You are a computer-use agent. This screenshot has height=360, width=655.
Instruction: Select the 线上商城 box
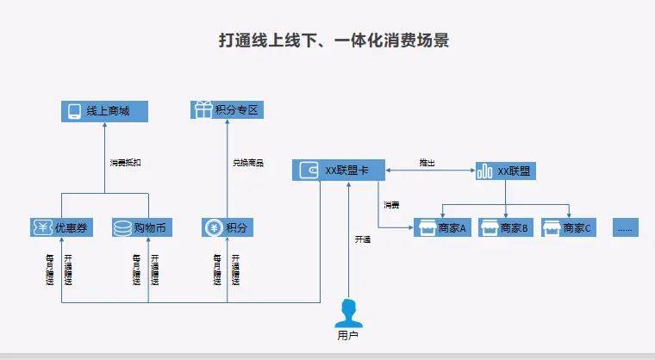(104, 111)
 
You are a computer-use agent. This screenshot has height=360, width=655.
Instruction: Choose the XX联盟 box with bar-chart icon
(506, 171)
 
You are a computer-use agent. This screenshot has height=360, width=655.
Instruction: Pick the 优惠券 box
(61, 228)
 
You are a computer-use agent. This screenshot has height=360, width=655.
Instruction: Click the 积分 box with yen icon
(228, 228)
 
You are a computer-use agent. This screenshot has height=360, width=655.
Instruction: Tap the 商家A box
(441, 228)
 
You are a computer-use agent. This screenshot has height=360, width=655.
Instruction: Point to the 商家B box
(505, 228)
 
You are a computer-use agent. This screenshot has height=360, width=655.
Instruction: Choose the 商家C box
(568, 228)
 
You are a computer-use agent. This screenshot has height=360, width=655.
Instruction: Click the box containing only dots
(626, 228)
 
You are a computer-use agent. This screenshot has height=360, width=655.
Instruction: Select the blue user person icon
(348, 311)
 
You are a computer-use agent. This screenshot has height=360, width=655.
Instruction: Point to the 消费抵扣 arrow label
(125, 163)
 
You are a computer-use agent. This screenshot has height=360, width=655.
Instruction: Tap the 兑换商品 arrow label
(248, 163)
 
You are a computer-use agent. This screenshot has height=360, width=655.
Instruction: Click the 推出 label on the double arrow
(427, 162)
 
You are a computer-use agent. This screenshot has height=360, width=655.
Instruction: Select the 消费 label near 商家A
(392, 205)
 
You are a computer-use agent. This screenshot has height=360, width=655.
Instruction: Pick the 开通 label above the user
(363, 239)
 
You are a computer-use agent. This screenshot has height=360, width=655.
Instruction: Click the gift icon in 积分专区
(203, 110)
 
